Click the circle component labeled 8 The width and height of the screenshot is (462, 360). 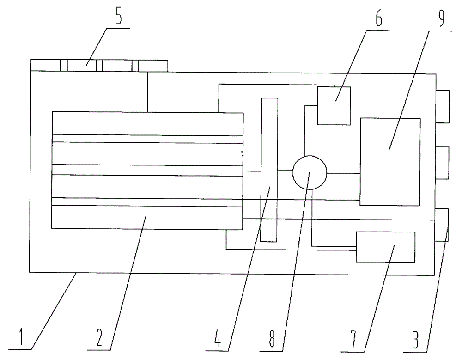[310, 173]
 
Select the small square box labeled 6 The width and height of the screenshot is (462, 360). [334, 105]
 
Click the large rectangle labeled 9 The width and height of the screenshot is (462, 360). [390, 161]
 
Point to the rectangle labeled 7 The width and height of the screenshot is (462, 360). [385, 247]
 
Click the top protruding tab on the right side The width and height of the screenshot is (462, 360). [442, 107]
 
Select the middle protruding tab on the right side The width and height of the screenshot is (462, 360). [442, 163]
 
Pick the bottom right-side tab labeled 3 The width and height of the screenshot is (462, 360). [442, 225]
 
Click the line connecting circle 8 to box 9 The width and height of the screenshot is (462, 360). [343, 173]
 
